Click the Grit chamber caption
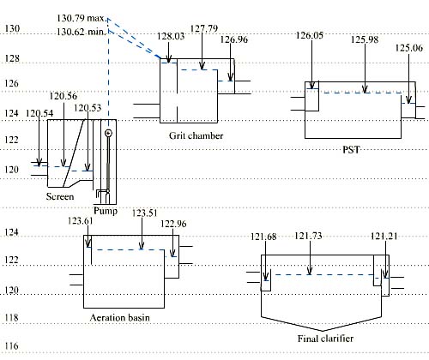click(196, 135)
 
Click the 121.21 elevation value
click(385, 236)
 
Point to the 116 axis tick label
click(12, 346)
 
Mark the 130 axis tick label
click(12, 29)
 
